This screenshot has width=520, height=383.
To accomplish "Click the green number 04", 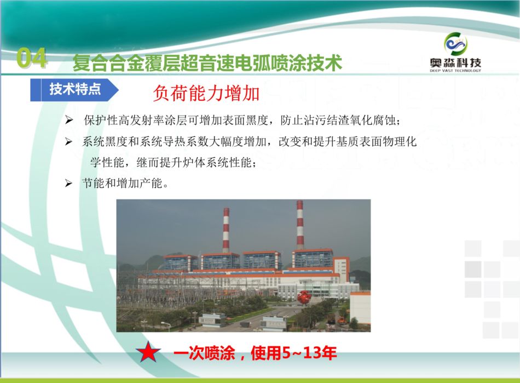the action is (x=32, y=58).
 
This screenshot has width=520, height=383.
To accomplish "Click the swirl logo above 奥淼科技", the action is (x=455, y=43).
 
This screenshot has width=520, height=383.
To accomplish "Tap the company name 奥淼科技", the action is (x=455, y=62).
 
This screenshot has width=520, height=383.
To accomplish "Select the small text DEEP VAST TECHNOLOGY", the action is (x=455, y=70).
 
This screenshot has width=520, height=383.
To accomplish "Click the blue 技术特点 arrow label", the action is (x=74, y=90).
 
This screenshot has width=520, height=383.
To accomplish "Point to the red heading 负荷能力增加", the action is (x=206, y=93).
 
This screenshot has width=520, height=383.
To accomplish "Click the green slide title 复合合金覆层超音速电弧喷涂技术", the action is (x=207, y=62).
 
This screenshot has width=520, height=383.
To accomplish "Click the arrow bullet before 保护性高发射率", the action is (x=68, y=120).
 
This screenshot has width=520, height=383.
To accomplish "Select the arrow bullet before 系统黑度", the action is (x=68, y=142).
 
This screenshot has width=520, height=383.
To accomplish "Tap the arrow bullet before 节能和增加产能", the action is (x=68, y=183).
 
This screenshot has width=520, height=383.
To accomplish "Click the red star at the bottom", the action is (x=148, y=352).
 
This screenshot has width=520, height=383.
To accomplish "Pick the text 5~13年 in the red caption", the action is (x=309, y=352).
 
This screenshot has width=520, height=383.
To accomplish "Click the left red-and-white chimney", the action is (x=226, y=230).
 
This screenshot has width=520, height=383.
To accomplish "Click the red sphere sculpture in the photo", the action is (x=304, y=297).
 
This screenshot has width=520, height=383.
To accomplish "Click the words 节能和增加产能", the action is (x=122, y=183).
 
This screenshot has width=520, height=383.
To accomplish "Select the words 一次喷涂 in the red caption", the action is (x=204, y=352).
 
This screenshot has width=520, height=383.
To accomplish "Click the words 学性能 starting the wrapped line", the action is (x=107, y=163).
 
